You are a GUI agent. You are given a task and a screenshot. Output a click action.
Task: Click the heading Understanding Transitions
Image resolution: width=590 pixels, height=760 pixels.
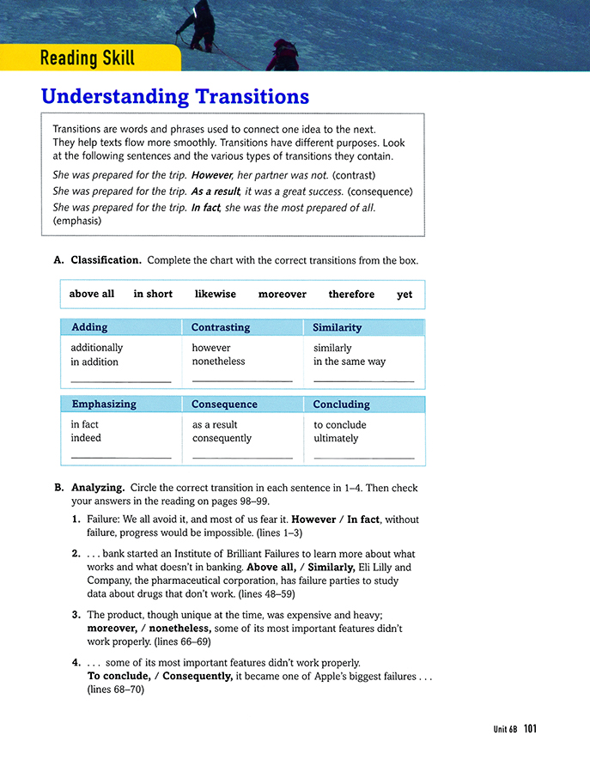pos(175,95)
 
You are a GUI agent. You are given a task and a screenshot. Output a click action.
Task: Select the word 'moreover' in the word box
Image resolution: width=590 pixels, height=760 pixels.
pos(282,294)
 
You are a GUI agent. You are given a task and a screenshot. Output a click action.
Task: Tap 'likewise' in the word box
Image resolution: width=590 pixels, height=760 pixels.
pos(215,294)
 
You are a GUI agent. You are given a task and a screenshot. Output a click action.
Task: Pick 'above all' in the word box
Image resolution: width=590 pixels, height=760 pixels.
pos(91,294)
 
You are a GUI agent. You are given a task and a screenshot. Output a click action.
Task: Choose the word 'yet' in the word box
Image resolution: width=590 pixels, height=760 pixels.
pos(404,295)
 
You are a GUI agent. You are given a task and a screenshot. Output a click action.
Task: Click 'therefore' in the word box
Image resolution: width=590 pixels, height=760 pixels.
pos(351,294)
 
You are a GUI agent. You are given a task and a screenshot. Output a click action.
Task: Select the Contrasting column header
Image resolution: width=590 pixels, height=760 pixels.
pos(221,327)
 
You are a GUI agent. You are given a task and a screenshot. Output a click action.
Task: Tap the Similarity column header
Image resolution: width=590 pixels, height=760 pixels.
pos(337,327)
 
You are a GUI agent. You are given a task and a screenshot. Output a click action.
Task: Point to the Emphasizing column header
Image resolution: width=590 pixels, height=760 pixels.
pos(103,404)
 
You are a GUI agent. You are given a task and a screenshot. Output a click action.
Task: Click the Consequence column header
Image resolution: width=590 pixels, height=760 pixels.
pos(224,404)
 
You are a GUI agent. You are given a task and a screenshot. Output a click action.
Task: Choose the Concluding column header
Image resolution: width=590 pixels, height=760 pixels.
pos(341,404)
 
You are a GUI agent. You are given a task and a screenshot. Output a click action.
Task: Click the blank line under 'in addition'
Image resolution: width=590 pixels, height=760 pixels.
pos(120,380)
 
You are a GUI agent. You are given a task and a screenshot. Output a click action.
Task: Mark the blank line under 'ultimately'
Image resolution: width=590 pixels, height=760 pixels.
pos(363,457)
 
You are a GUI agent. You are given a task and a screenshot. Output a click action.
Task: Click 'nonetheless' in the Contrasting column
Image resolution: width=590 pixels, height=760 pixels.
pos(218,362)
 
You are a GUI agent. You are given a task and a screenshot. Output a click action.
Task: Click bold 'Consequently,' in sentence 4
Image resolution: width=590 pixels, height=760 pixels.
pos(198,676)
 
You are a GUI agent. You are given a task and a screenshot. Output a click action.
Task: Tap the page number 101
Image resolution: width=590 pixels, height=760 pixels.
pos(529,729)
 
